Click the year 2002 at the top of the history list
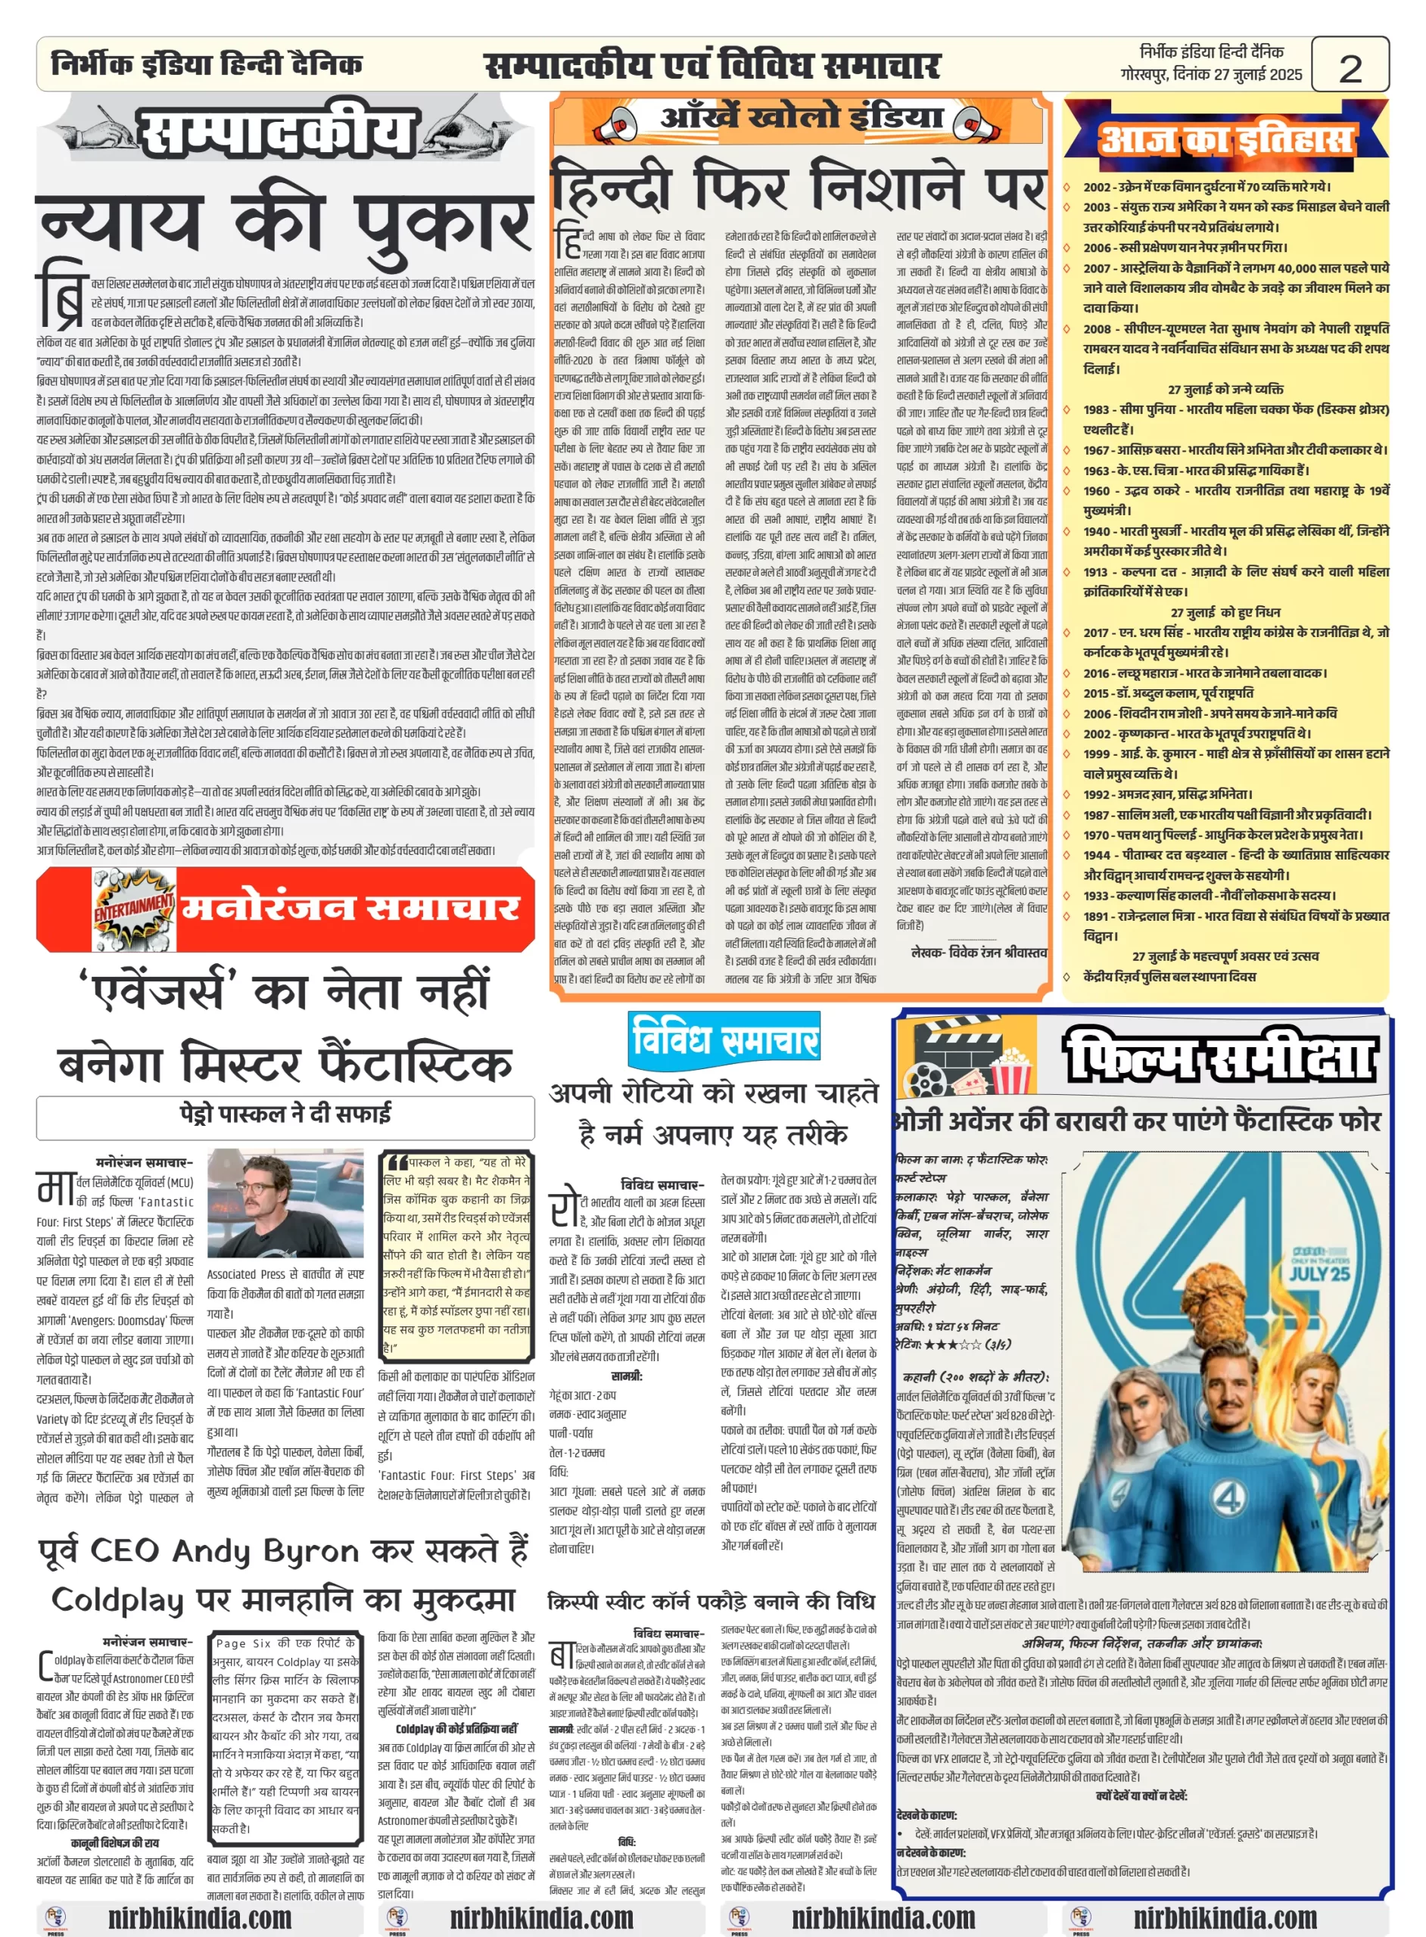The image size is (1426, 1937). (1097, 187)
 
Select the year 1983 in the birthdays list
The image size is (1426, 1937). (1097, 409)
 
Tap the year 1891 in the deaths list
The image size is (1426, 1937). (1097, 916)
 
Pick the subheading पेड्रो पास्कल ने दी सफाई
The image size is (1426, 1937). (285, 1114)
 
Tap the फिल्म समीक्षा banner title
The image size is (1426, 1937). (1218, 1056)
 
